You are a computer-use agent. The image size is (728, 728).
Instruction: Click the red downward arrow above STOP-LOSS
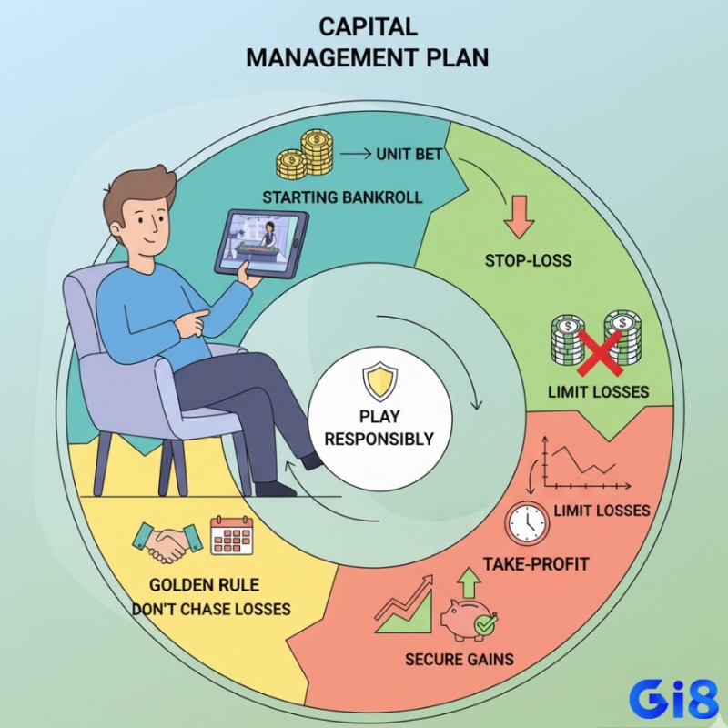pyautogui.click(x=519, y=217)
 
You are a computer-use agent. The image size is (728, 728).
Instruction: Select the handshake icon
pyautogui.click(x=167, y=542)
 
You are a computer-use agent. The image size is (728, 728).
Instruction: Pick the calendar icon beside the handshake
pyautogui.click(x=232, y=535)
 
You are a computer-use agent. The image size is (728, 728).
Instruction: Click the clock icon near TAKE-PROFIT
pyautogui.click(x=527, y=523)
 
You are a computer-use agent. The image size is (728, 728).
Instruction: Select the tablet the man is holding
pyautogui.click(x=262, y=243)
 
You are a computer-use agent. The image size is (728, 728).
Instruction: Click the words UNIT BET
pyautogui.click(x=409, y=154)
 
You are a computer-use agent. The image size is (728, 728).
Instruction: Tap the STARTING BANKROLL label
pyautogui.click(x=343, y=197)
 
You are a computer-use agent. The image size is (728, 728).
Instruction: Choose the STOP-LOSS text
pyautogui.click(x=529, y=260)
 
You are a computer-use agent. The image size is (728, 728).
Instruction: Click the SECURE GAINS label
pyautogui.click(x=460, y=659)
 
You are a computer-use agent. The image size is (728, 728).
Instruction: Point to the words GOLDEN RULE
pyautogui.click(x=204, y=584)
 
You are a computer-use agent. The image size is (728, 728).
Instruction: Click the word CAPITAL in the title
pyautogui.click(x=369, y=27)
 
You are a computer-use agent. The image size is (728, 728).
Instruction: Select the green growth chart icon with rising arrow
pyautogui.click(x=404, y=604)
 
